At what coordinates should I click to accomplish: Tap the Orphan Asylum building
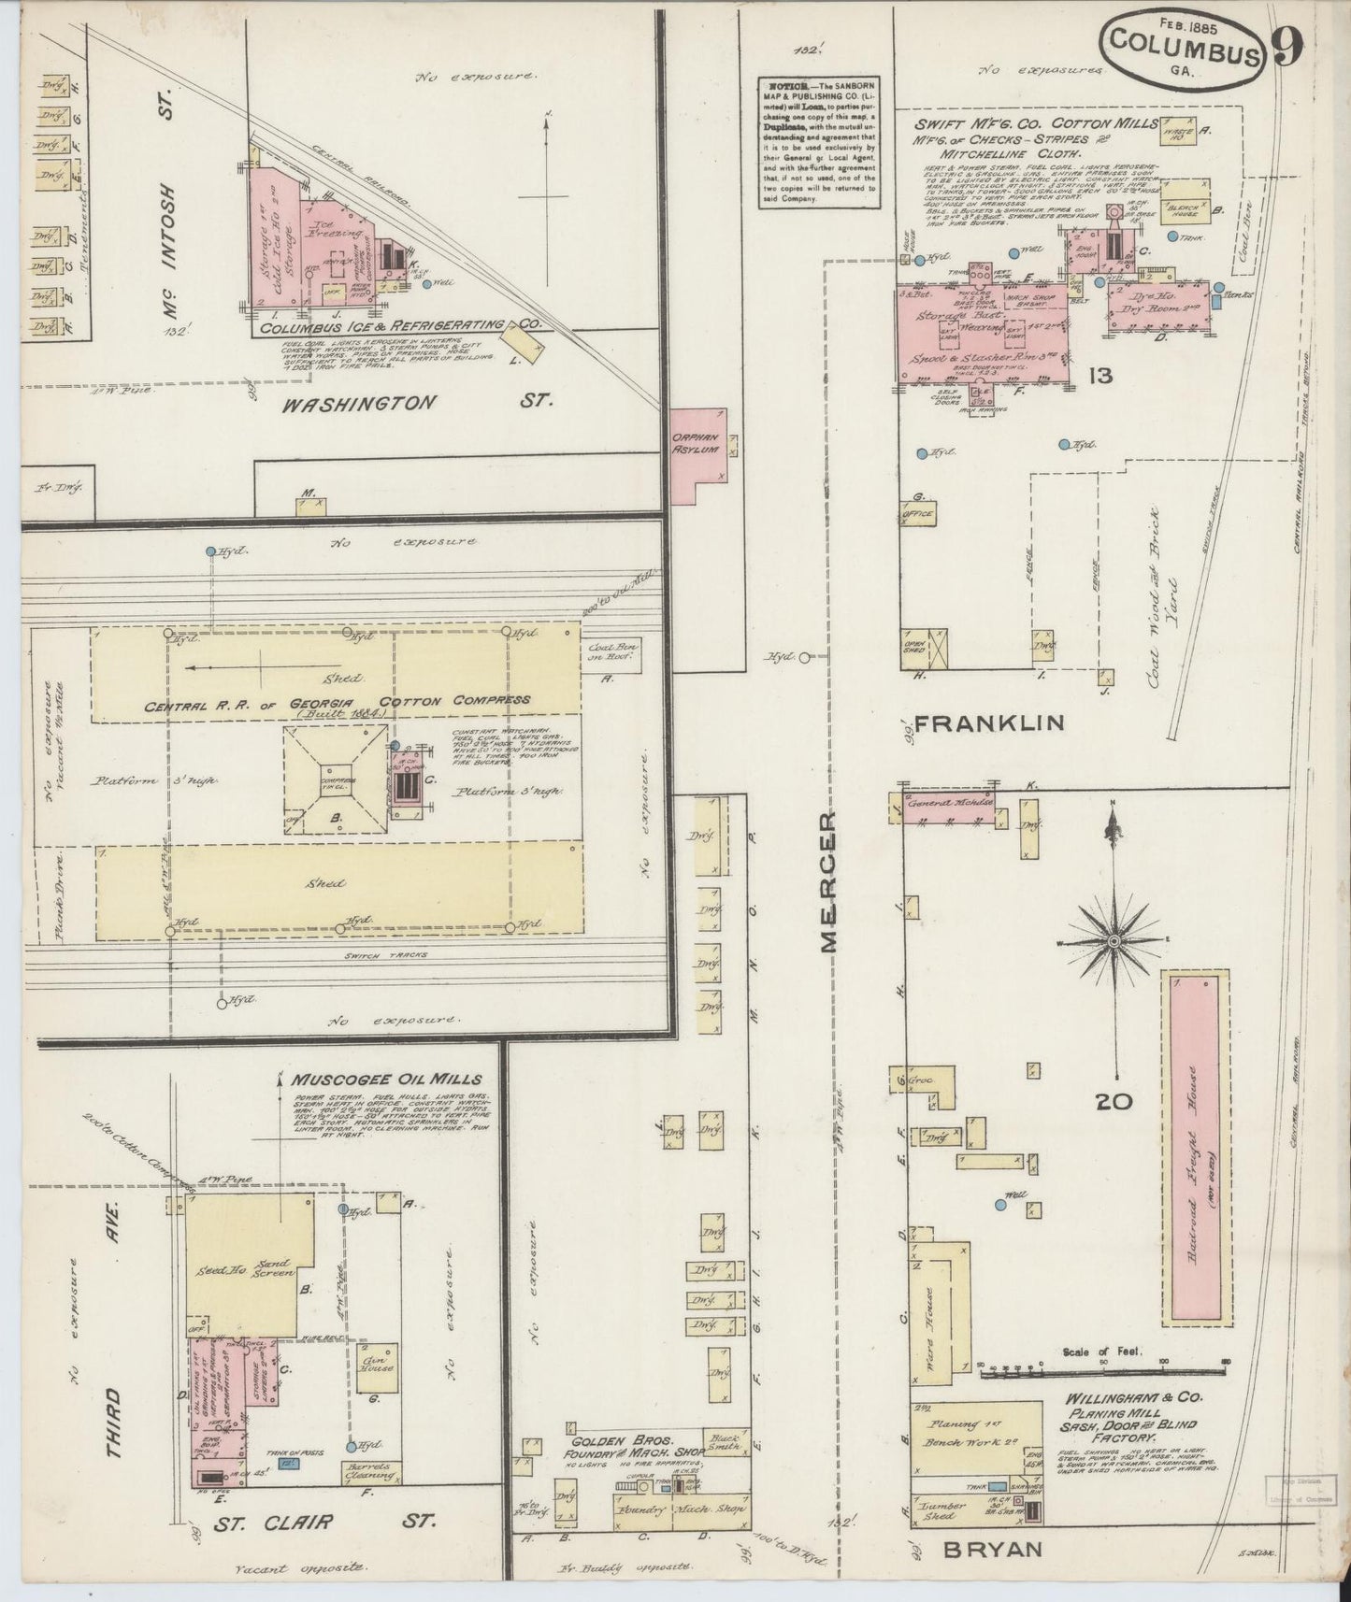694,447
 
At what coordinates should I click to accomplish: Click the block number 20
1114,1102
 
